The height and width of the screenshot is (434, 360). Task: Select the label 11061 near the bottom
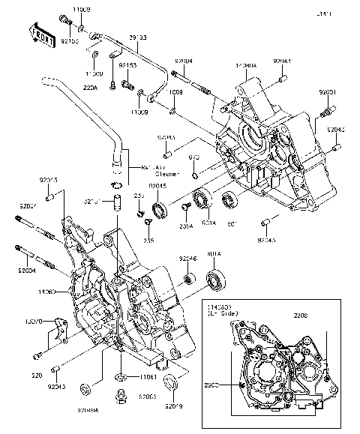pos(146,376)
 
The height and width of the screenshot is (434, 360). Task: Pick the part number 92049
pos(174,407)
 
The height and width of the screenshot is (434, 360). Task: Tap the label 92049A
pos(87,411)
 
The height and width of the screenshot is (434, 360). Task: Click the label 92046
pos(187,258)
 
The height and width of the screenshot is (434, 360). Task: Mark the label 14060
pos(47,290)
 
